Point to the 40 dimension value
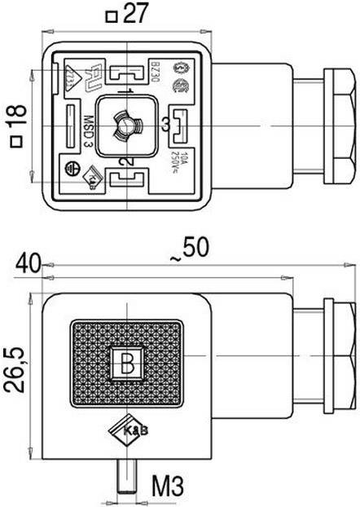coord(27,262)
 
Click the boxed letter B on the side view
coord(127,365)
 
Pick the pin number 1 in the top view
coord(128,90)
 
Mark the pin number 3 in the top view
coord(165,125)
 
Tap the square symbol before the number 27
coord(112,15)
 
